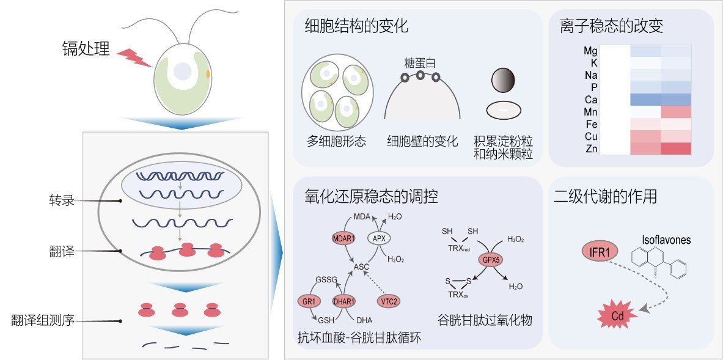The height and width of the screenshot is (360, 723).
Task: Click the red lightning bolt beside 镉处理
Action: pos(134,58)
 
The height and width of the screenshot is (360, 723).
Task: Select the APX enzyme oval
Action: pos(379,238)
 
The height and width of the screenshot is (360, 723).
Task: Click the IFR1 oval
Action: pos(599,252)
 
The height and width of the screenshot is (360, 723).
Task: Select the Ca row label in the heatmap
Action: pos(591,100)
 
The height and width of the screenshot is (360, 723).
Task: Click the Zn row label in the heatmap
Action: pos(591,149)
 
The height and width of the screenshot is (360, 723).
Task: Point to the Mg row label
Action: pos(590,51)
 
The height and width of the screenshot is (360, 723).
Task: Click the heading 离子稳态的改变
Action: pos(611,26)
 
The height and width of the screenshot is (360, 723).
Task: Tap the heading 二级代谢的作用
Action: pos(605,197)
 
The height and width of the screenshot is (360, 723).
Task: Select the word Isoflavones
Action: pos(667,240)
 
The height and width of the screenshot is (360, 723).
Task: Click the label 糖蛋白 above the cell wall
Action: pos(420,63)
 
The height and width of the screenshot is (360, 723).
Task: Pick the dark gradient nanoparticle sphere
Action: pos(503,81)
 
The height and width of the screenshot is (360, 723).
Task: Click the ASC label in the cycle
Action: pos(361,266)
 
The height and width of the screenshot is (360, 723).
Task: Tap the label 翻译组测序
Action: pos(43,321)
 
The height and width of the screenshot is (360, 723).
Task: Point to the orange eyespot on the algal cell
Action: pos(208,73)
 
